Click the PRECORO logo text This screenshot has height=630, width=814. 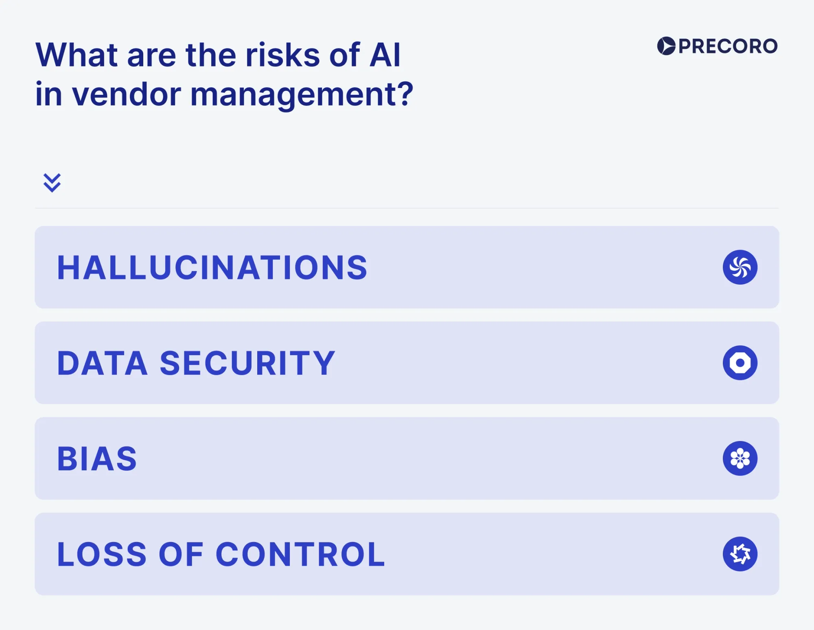pyautogui.click(x=728, y=46)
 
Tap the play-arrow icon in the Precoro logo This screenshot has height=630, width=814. pyautogui.click(x=666, y=46)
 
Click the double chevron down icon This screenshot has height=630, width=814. pyautogui.click(x=52, y=182)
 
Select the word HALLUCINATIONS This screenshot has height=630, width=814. pyautogui.click(x=212, y=268)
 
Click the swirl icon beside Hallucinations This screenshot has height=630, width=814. pyautogui.click(x=740, y=267)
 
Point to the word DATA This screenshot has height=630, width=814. pyautogui.click(x=102, y=363)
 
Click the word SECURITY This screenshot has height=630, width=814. pyautogui.click(x=247, y=363)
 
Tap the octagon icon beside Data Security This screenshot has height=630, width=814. pyautogui.click(x=740, y=363)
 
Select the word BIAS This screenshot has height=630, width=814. pyautogui.click(x=97, y=459)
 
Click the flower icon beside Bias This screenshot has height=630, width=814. pyautogui.click(x=740, y=458)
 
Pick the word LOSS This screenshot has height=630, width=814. pyautogui.click(x=102, y=554)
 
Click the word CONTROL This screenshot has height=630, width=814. pyautogui.click(x=300, y=554)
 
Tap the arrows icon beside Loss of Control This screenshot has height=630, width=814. pyautogui.click(x=740, y=554)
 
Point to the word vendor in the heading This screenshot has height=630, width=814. pyautogui.click(x=126, y=94)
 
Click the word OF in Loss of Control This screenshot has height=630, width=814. pyautogui.click(x=181, y=554)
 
